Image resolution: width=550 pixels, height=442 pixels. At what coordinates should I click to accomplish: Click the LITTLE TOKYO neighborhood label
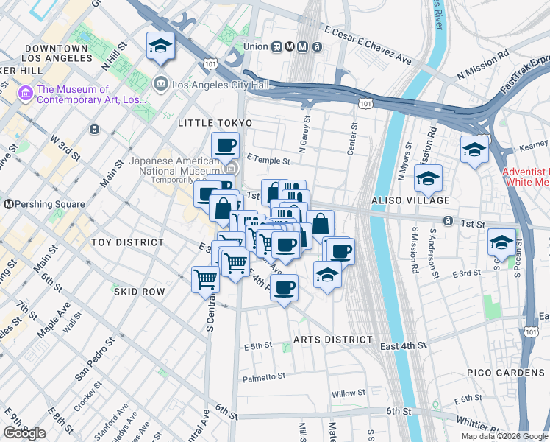(215, 123)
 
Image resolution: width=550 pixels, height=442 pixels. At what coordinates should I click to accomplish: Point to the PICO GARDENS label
(505, 373)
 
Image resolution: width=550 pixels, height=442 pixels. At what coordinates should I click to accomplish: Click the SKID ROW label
(139, 292)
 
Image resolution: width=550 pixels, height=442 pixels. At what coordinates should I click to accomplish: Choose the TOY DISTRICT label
(127, 242)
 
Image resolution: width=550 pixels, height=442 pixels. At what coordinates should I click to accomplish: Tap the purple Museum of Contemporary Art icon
(26, 93)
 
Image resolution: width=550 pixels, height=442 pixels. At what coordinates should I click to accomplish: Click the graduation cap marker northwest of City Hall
(160, 47)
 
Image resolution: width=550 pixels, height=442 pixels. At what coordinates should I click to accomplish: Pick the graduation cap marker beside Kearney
(474, 150)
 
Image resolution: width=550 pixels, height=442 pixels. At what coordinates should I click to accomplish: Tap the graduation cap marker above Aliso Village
(427, 178)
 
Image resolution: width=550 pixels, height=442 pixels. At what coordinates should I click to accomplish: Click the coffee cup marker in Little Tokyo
(225, 145)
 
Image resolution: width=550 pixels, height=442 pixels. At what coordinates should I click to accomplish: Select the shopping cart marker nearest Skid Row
(205, 278)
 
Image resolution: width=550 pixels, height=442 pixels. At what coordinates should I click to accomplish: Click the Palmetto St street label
(264, 376)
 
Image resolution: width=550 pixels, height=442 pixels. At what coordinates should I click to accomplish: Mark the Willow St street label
(348, 394)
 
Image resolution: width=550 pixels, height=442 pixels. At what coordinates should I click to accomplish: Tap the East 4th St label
(404, 345)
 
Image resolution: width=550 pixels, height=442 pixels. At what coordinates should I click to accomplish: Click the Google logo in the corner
(24, 433)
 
